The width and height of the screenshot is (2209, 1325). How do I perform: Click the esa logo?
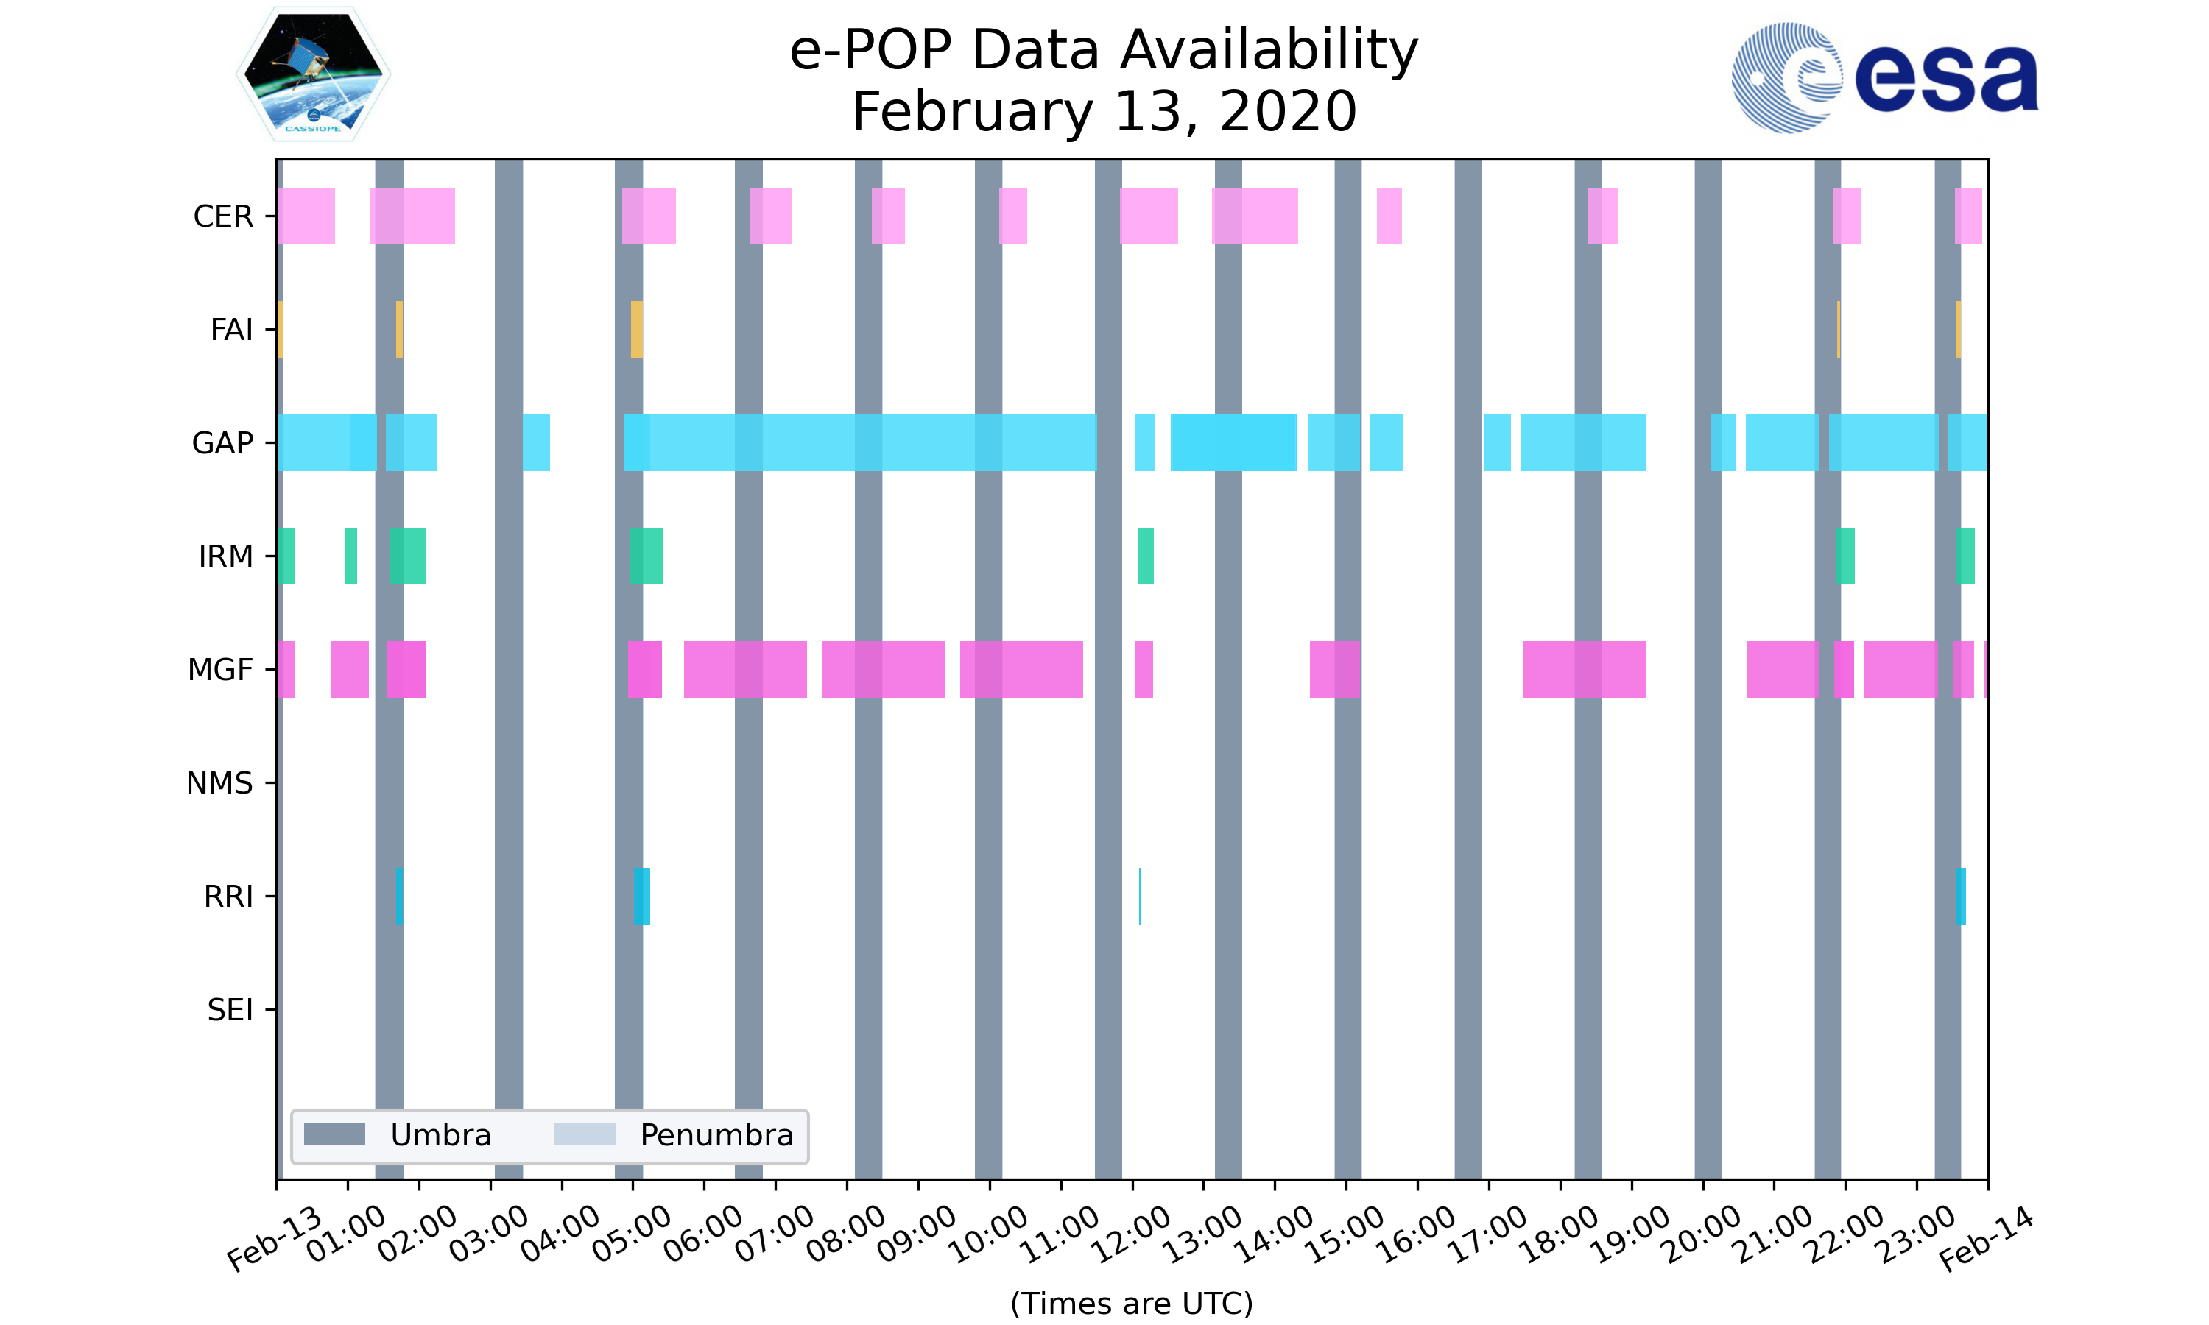click(1884, 78)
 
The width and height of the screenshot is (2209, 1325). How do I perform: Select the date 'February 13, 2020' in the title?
click(1104, 112)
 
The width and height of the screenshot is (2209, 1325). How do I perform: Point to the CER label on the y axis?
click(223, 216)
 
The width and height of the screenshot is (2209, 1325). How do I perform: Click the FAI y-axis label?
click(231, 330)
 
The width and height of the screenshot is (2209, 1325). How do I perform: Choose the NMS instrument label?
click(219, 783)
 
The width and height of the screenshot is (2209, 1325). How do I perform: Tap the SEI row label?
click(230, 1010)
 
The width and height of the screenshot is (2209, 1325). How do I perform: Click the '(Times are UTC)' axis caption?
click(1131, 1304)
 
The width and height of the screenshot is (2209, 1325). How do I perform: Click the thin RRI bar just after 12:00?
click(1141, 896)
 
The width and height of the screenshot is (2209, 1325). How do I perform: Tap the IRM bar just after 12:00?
click(1145, 556)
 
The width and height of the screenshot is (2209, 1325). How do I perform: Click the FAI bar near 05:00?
click(637, 330)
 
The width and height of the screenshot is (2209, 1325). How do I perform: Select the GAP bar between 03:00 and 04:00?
click(536, 443)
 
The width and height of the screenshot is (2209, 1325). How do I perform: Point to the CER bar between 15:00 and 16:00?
click(1389, 216)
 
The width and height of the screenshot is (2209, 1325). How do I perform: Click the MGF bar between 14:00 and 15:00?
click(1335, 670)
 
